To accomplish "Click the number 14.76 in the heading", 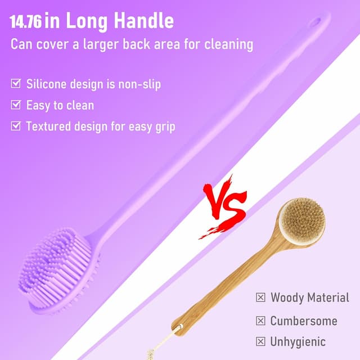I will point(26,22).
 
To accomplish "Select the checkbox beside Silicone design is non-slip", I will point(16,84).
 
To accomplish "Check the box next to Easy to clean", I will point(16,105).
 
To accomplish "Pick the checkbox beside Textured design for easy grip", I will point(16,126).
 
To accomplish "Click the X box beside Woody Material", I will point(260,298).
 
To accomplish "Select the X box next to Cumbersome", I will point(260,321).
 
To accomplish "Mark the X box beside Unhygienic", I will point(260,341).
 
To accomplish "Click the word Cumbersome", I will point(304,321).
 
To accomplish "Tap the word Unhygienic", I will point(298,341).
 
